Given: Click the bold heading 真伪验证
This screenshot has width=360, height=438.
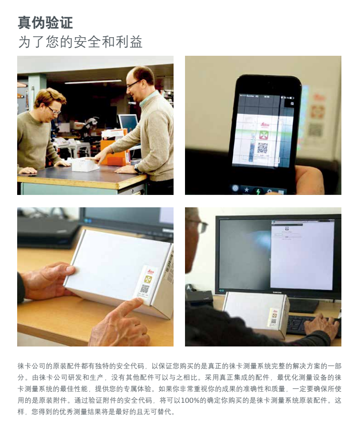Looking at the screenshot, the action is (45, 22).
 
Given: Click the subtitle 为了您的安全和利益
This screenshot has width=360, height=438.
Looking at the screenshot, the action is (80, 42).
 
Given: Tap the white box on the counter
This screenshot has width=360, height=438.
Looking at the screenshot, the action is (85, 164).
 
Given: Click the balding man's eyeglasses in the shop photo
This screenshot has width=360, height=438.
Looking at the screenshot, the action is (133, 84).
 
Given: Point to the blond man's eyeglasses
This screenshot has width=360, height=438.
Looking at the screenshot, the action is (54, 110).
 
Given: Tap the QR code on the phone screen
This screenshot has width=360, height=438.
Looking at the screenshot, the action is (262, 148).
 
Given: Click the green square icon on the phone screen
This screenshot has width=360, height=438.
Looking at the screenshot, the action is (264, 135).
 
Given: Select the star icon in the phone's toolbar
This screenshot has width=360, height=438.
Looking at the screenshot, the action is (247, 190).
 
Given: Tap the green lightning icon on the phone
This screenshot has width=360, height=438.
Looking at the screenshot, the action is (257, 191).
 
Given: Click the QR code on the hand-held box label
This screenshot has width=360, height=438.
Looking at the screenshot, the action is (145, 288).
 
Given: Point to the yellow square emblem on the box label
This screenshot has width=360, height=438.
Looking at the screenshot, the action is (148, 279).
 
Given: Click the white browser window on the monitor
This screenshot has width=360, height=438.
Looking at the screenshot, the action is (302, 254).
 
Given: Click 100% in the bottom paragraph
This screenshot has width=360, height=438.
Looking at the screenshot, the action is (190, 400).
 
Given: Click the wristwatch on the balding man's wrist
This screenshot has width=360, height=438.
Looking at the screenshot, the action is (137, 168).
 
